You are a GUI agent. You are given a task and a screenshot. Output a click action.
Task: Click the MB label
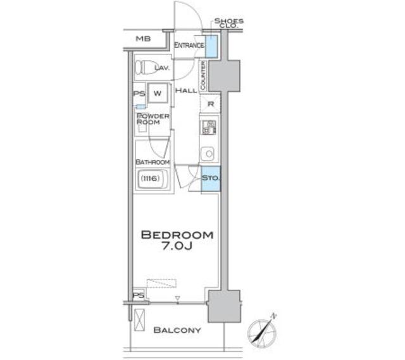coord(142,39)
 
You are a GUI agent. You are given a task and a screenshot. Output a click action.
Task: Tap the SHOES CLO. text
coord(228,23)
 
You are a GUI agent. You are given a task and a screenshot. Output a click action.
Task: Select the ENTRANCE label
coord(189,45)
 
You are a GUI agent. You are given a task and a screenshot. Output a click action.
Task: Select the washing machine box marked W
coord(158,92)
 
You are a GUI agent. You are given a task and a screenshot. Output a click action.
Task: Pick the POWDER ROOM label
coord(153,119)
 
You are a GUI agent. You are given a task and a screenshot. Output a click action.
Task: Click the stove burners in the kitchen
coord(209,127)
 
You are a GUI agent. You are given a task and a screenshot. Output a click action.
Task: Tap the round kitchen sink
coord(208,153)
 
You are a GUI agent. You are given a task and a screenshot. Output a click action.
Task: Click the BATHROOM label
coord(153,162)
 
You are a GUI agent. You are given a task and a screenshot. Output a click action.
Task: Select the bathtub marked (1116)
coord(153,180)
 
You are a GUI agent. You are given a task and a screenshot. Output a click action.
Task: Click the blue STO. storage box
coord(210,179)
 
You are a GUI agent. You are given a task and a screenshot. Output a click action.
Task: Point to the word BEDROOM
coord(177,235)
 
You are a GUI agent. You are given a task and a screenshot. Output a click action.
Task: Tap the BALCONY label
coord(177,330)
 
